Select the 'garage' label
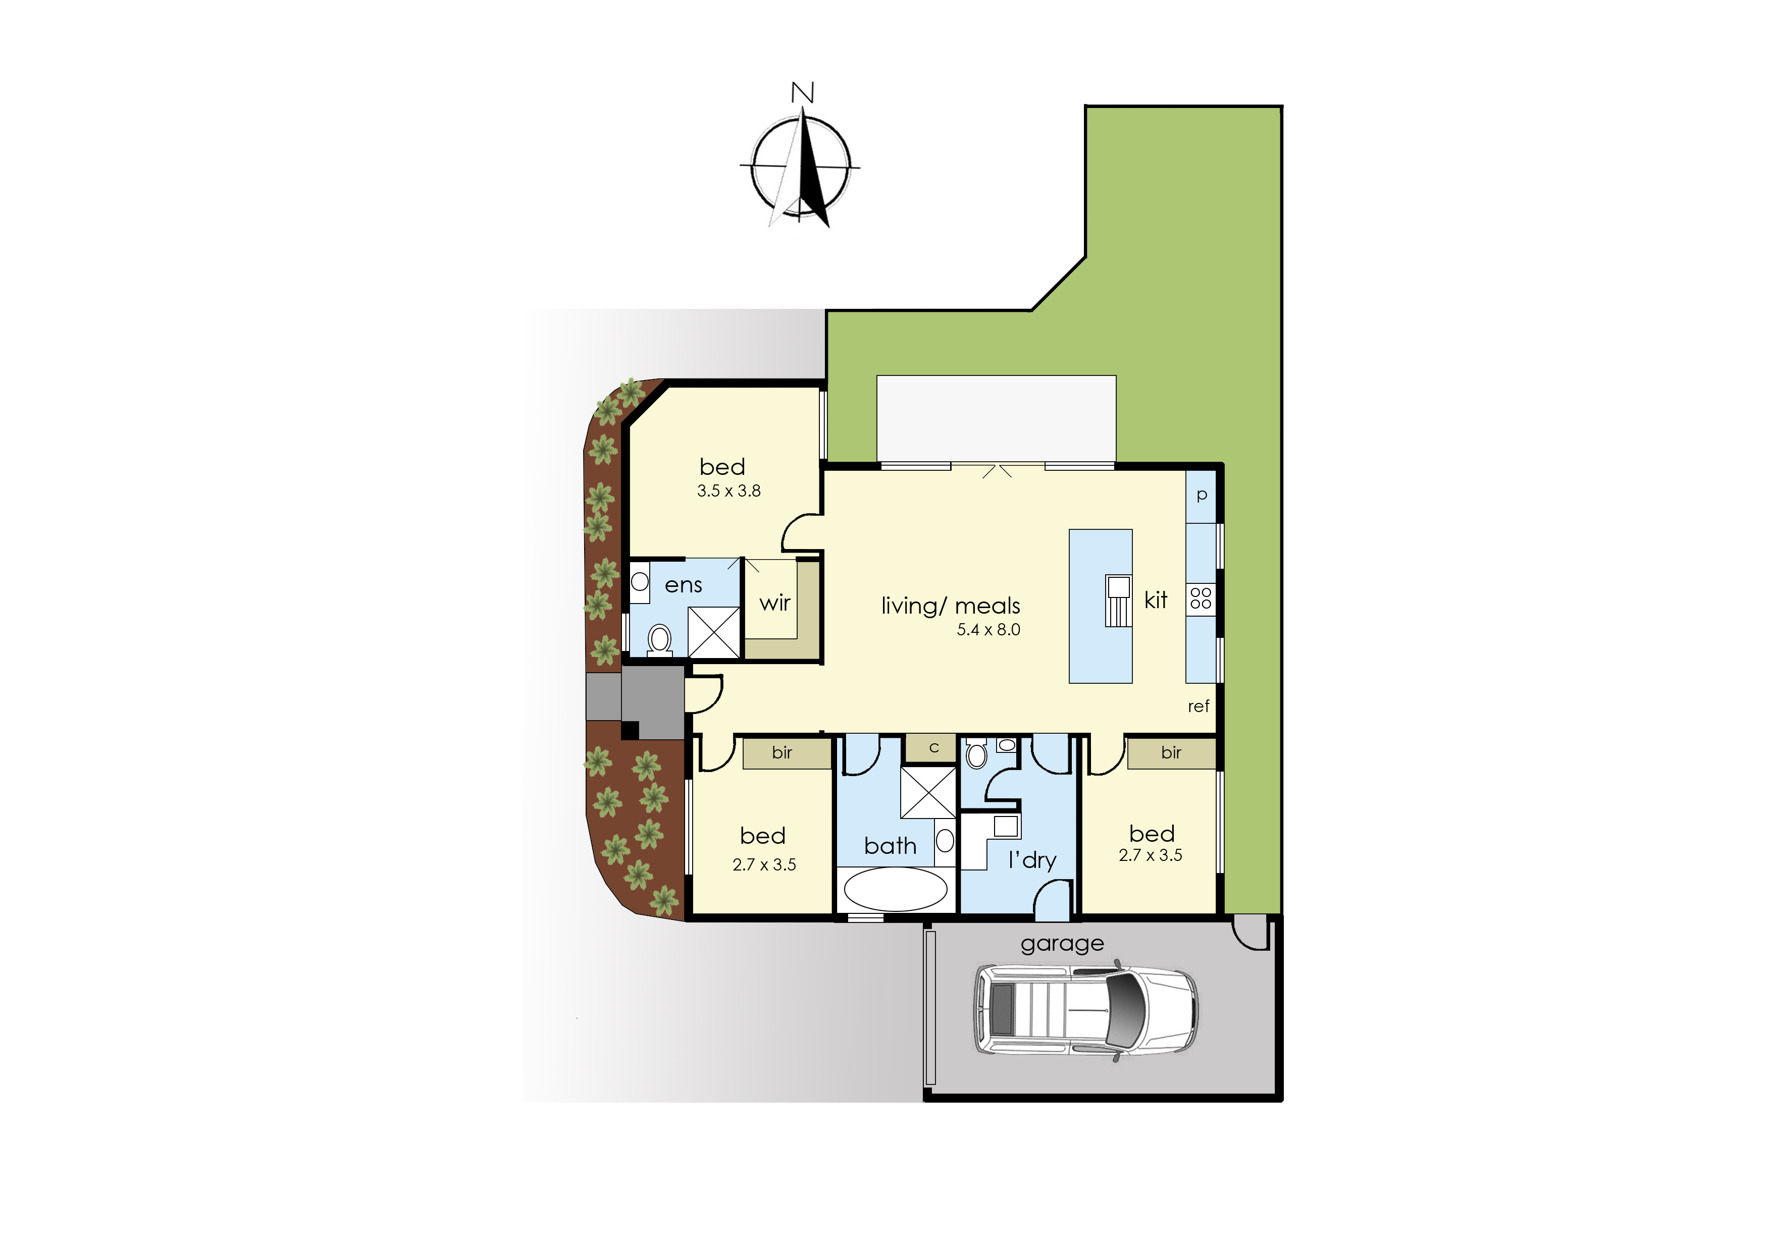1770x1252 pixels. point(1062,944)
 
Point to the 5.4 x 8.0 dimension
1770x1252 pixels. point(988,630)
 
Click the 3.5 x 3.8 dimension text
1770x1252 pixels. point(729,491)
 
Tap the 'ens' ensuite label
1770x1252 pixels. point(684,586)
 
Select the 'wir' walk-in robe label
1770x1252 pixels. point(775,603)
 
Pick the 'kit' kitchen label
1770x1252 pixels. point(1155,600)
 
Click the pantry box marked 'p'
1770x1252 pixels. point(1201,496)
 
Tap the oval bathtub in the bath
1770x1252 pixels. point(896,890)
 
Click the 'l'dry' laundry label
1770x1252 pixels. point(1032,860)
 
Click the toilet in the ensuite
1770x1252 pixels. point(659,640)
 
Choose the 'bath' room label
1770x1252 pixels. point(890,846)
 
